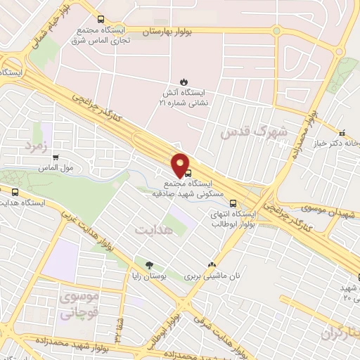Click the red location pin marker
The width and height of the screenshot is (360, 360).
coord(181,164)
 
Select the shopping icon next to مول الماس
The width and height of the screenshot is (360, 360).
coord(56,157)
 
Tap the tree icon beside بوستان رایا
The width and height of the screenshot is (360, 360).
coord(149,265)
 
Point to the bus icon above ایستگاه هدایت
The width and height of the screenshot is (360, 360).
coord(16,192)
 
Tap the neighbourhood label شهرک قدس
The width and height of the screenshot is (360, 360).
coord(244,132)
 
